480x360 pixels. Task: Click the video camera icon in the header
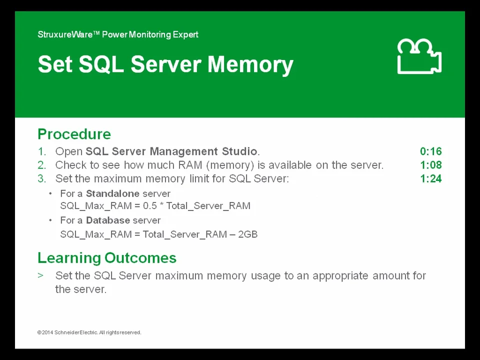(419, 57)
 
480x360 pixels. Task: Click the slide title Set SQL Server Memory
(165, 64)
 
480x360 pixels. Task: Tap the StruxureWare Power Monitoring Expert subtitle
(118, 34)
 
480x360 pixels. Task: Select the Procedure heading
(74, 134)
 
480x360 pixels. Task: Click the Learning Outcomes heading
(107, 258)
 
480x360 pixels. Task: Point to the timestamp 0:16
(430, 151)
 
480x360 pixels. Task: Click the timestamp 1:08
(430, 165)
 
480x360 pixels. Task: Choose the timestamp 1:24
(430, 178)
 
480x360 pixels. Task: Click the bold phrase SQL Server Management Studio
(171, 151)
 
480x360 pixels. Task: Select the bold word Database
(107, 220)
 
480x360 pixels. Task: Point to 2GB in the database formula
(248, 234)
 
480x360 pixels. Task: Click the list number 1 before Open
(41, 151)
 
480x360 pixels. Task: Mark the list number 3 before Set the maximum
(41, 178)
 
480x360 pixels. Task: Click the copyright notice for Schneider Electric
(89, 332)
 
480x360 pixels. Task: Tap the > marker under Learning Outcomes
(40, 275)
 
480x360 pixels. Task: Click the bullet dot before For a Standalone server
(50, 193)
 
